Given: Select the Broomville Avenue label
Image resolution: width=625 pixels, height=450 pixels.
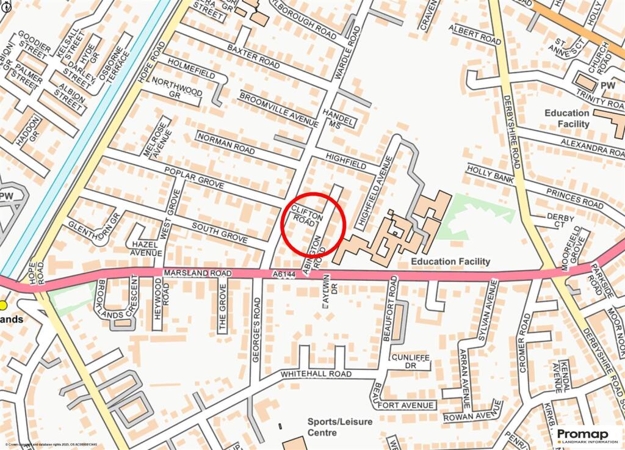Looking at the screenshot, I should click(278, 109).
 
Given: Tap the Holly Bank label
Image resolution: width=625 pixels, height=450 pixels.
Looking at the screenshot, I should click(486, 173).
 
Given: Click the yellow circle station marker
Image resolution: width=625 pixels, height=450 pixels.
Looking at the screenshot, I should click(4, 305).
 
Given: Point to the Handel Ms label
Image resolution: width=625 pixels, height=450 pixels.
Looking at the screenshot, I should click(340, 118).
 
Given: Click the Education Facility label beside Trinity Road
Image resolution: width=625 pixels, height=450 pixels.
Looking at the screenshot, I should click(567, 118).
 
